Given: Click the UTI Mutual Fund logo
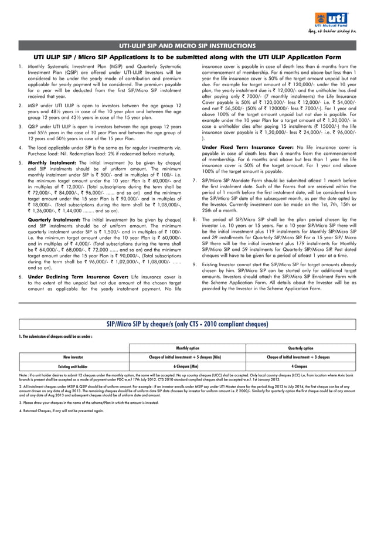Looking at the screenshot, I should (x=338, y=18).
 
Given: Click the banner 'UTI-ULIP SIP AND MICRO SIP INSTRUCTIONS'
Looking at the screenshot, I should (x=187, y=46).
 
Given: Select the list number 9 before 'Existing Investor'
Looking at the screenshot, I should (x=195, y=264).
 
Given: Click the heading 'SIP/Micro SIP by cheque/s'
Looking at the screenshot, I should (x=187, y=324).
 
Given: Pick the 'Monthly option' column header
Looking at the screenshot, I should (x=188, y=347).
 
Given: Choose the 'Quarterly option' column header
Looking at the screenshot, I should (x=298, y=347).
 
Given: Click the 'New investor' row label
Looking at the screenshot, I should (x=73, y=357).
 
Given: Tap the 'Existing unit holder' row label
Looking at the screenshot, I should (x=73, y=366).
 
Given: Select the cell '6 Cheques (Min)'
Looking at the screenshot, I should (x=188, y=366).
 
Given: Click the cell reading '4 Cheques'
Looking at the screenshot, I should (x=298, y=366).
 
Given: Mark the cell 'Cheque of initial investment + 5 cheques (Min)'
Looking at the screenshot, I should (x=188, y=357).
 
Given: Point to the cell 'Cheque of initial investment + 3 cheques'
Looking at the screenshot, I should (x=298, y=357).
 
